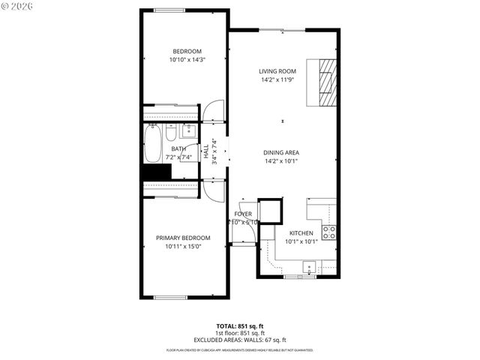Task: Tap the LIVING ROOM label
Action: point(278,71)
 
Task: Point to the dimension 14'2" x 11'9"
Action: point(278,79)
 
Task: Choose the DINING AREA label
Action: point(281,152)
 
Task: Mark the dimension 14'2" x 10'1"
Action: point(281,160)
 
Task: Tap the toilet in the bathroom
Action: point(171,134)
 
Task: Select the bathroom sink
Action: point(187,133)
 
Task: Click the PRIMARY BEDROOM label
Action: point(183,238)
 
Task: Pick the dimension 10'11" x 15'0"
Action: point(183,246)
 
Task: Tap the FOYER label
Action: point(243,214)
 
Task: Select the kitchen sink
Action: point(308,265)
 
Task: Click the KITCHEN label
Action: point(301,232)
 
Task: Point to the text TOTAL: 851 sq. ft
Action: point(239,326)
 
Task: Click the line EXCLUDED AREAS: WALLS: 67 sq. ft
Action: point(239,340)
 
